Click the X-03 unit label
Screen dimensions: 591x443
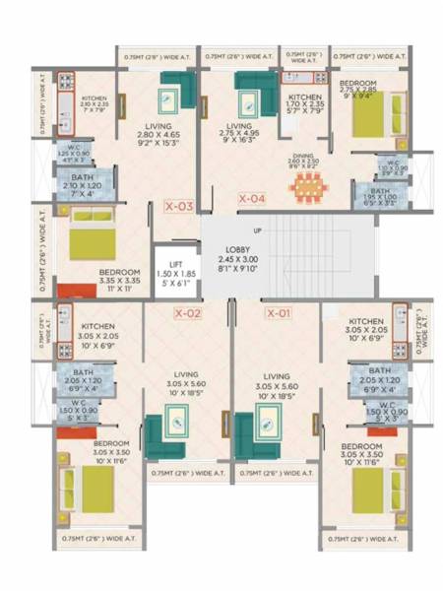[178, 207]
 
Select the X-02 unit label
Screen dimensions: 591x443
[187, 313]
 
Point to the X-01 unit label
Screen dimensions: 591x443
[279, 313]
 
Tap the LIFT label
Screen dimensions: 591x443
[177, 265]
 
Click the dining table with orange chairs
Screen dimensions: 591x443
[306, 184]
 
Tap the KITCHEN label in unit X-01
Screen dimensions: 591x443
[365, 321]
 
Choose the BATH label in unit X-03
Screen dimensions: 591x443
[82, 179]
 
